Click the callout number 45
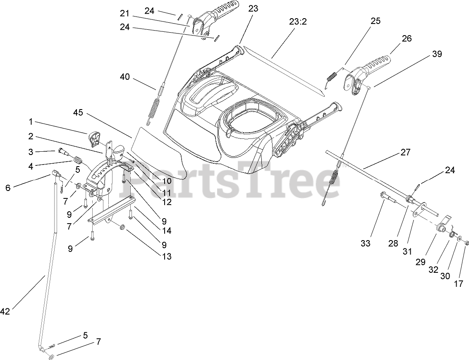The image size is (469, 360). (79, 112)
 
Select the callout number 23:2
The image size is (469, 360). (298, 21)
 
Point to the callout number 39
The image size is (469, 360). (437, 54)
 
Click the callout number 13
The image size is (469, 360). (166, 256)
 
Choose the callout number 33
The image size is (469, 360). (365, 243)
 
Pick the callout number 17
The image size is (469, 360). (459, 284)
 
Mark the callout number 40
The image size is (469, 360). (125, 76)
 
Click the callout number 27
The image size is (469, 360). (405, 152)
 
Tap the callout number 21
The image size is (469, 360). (125, 13)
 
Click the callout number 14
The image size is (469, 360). (167, 230)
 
